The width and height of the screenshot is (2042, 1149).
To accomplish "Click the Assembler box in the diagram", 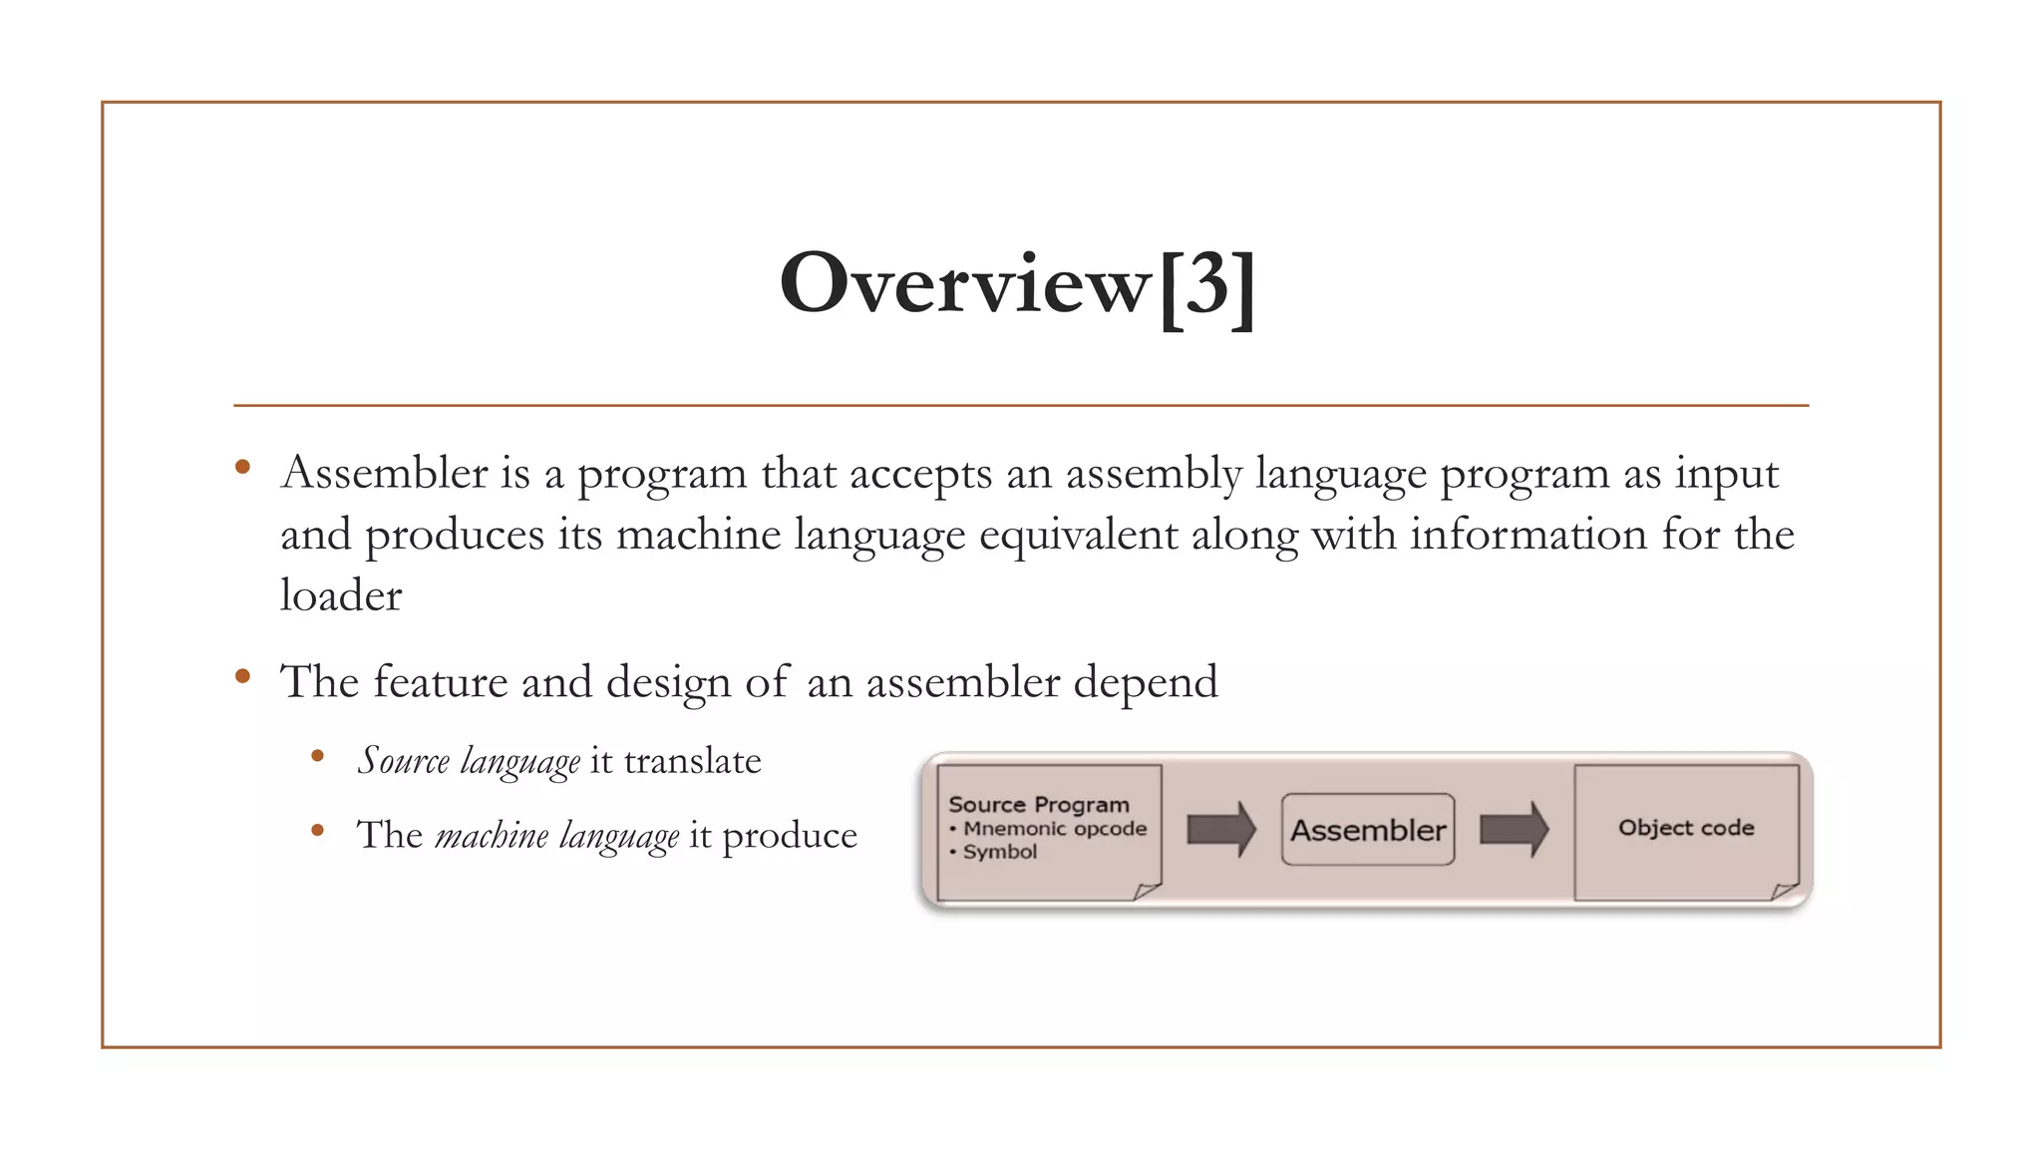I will tap(1367, 830).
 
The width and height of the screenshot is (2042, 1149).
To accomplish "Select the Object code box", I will tap(1686, 828).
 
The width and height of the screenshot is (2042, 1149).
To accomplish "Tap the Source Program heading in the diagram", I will tap(1038, 805).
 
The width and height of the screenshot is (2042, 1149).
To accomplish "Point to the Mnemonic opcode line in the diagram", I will tap(1055, 829).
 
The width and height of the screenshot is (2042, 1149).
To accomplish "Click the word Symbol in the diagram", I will tap(999, 852).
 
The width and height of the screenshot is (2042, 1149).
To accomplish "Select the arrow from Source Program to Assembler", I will tap(1221, 830).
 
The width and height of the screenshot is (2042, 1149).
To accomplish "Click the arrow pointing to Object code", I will tap(1514, 830).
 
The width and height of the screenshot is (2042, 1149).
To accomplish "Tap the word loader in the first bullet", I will tap(341, 596).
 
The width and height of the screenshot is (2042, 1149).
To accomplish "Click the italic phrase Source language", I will tap(469, 761).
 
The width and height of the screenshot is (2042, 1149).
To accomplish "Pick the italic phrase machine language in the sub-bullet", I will tap(556, 835).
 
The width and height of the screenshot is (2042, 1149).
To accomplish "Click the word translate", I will tap(692, 761).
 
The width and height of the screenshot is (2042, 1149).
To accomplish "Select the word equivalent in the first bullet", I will tap(1078, 535).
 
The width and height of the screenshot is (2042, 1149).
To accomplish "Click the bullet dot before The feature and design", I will tap(242, 676).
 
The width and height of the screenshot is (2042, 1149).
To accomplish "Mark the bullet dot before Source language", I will tap(317, 756).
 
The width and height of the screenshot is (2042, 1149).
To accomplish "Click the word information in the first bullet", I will tap(1528, 535).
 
